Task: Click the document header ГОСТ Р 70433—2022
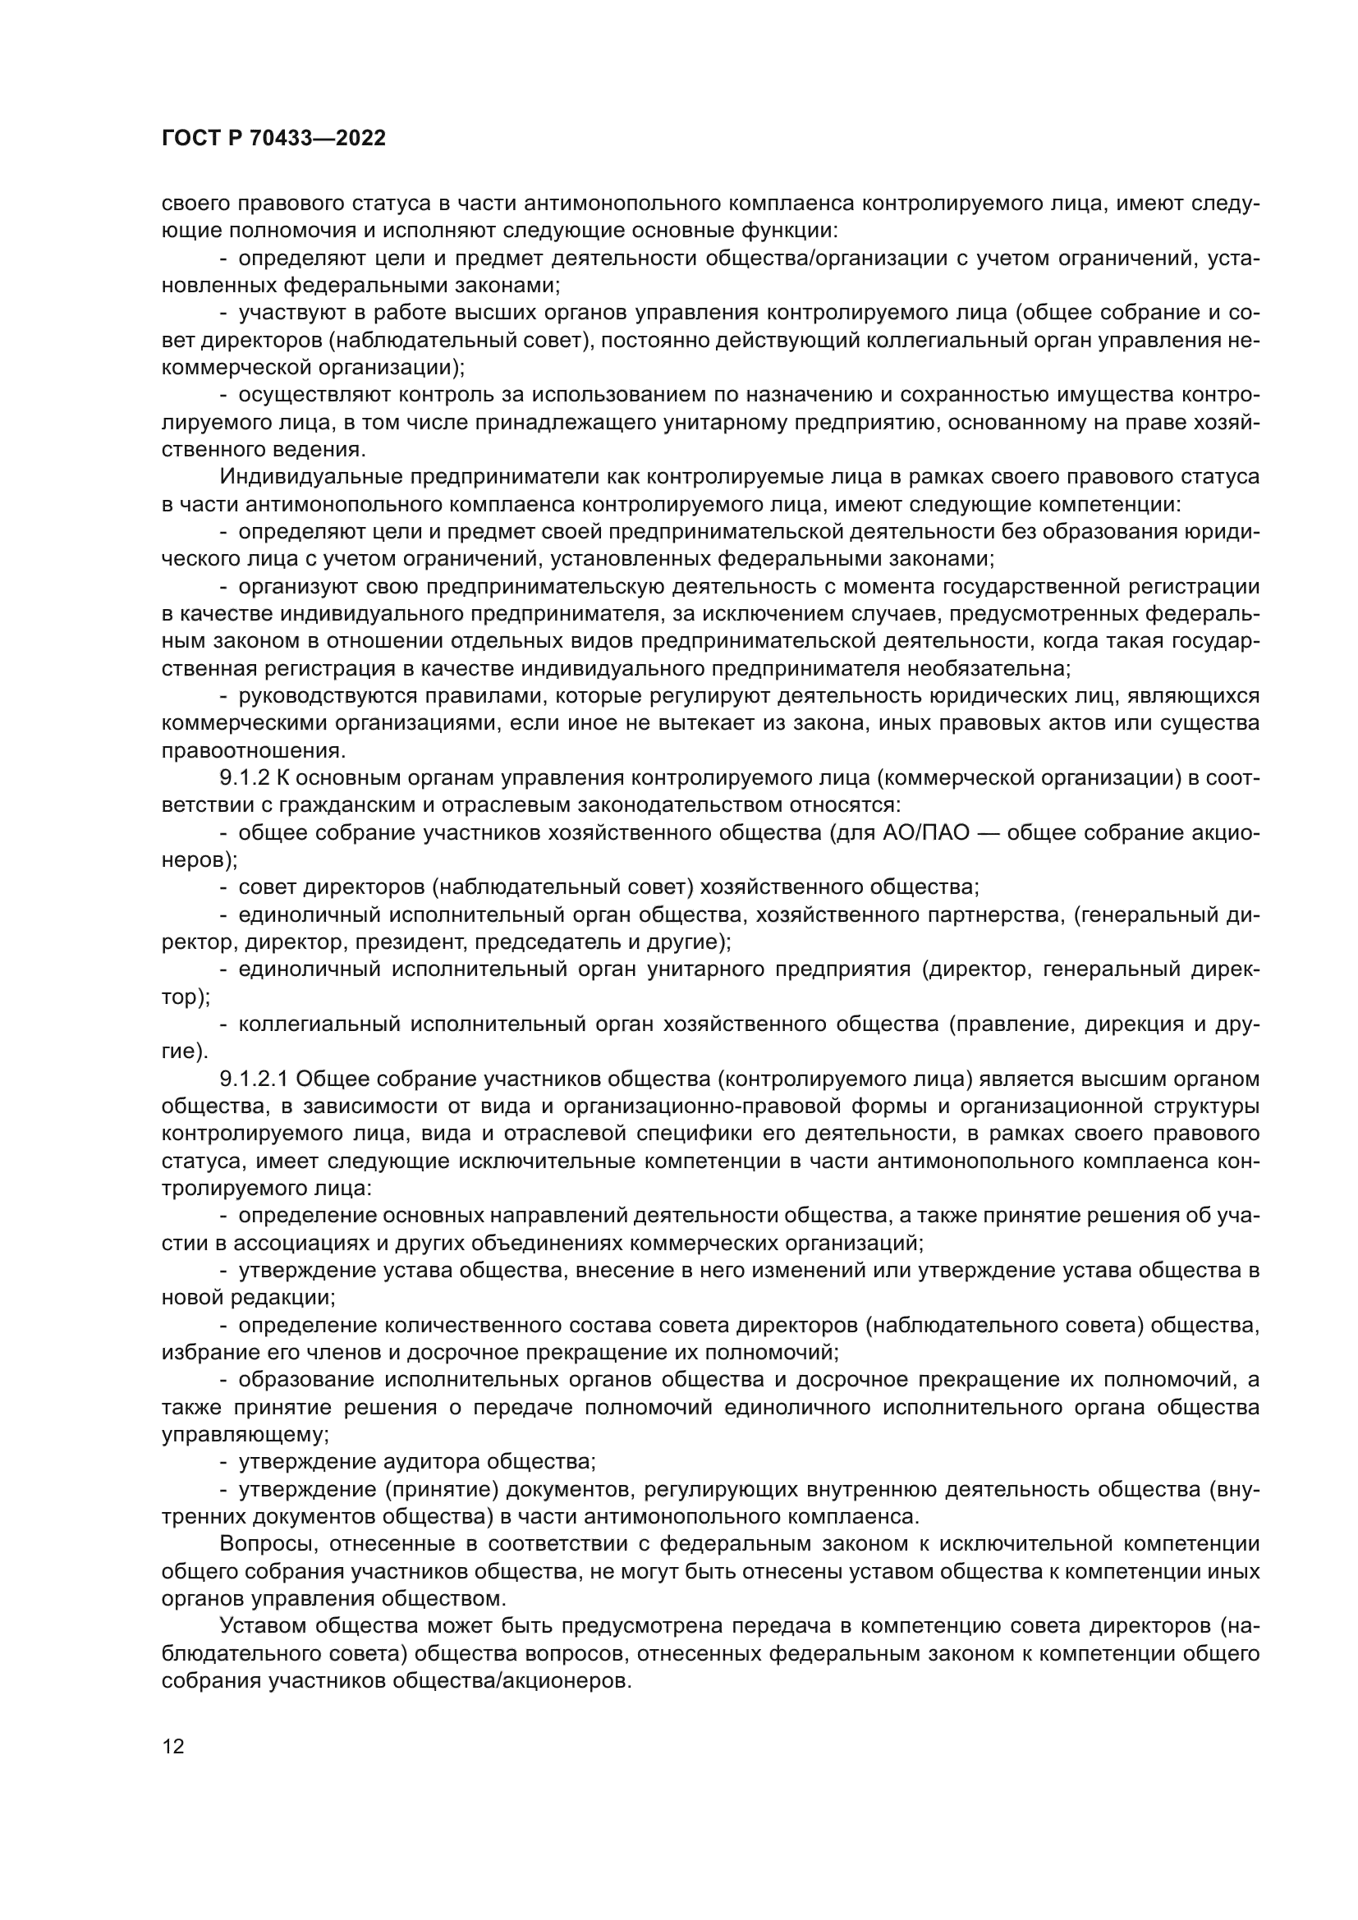tap(273, 139)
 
